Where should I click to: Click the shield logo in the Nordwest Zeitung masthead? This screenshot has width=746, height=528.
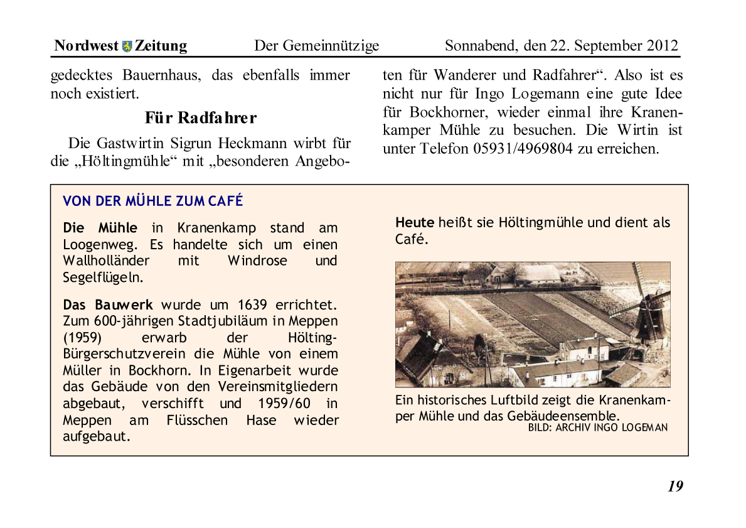tap(127, 46)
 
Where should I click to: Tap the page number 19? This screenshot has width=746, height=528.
tap(675, 486)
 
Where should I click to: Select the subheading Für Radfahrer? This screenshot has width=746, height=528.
tap(200, 117)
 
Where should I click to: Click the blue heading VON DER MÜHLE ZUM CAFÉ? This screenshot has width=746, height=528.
tap(152, 201)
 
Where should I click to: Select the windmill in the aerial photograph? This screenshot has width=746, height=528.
tap(643, 308)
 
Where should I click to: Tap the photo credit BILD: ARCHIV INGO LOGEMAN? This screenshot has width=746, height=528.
tap(597, 428)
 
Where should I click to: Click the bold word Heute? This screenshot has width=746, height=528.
tap(415, 222)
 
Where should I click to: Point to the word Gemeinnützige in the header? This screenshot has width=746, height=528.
tap(331, 46)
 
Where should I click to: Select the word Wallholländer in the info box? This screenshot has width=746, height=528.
tap(106, 261)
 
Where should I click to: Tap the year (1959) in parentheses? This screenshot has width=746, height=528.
tap(82, 338)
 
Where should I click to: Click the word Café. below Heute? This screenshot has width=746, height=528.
tap(412, 239)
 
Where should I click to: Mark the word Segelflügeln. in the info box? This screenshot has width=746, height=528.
tap(103, 277)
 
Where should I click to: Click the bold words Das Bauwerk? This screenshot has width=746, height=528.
tap(108, 305)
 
